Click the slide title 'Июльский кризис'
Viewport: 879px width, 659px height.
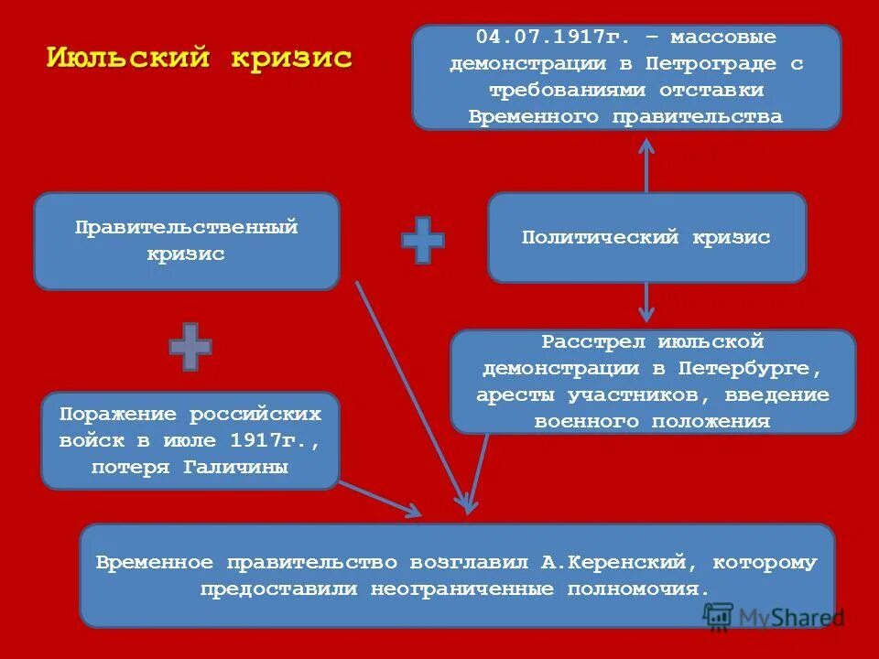(x=199, y=58)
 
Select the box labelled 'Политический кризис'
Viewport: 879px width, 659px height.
(x=646, y=237)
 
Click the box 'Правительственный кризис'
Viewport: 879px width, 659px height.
(x=186, y=241)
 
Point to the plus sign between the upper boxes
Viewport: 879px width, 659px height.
(x=423, y=240)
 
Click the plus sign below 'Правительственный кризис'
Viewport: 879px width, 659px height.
(x=190, y=346)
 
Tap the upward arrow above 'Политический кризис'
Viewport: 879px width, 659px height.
(x=646, y=165)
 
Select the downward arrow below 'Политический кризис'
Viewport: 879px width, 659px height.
(x=646, y=302)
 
